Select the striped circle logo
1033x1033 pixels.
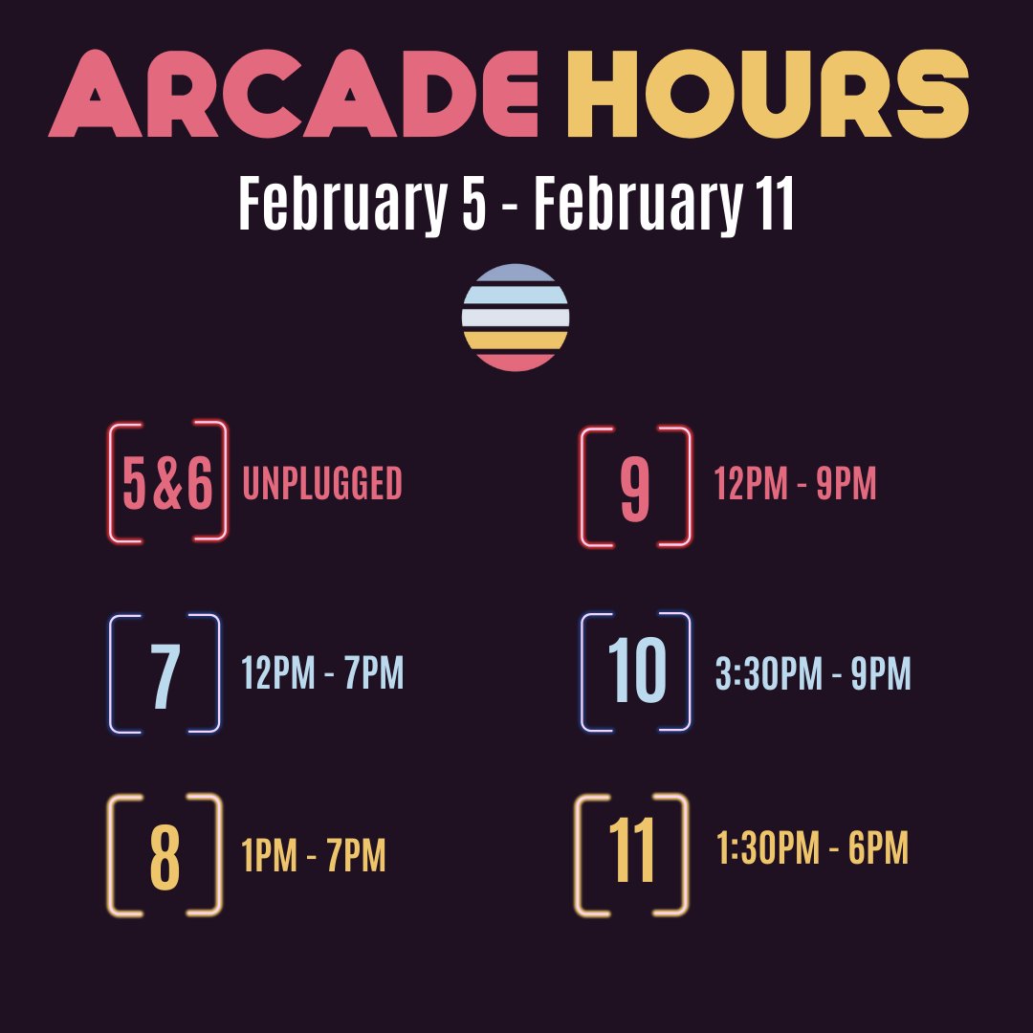516,318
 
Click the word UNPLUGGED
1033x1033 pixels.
322,485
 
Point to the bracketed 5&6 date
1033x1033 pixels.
168,483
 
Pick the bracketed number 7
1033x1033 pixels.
165,674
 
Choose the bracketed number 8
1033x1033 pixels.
165,856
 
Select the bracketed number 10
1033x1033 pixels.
636,672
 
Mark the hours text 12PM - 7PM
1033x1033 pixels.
322,674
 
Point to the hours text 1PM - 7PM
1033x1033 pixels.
314,857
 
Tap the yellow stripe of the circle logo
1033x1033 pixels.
516,341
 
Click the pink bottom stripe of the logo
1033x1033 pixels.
516,362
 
